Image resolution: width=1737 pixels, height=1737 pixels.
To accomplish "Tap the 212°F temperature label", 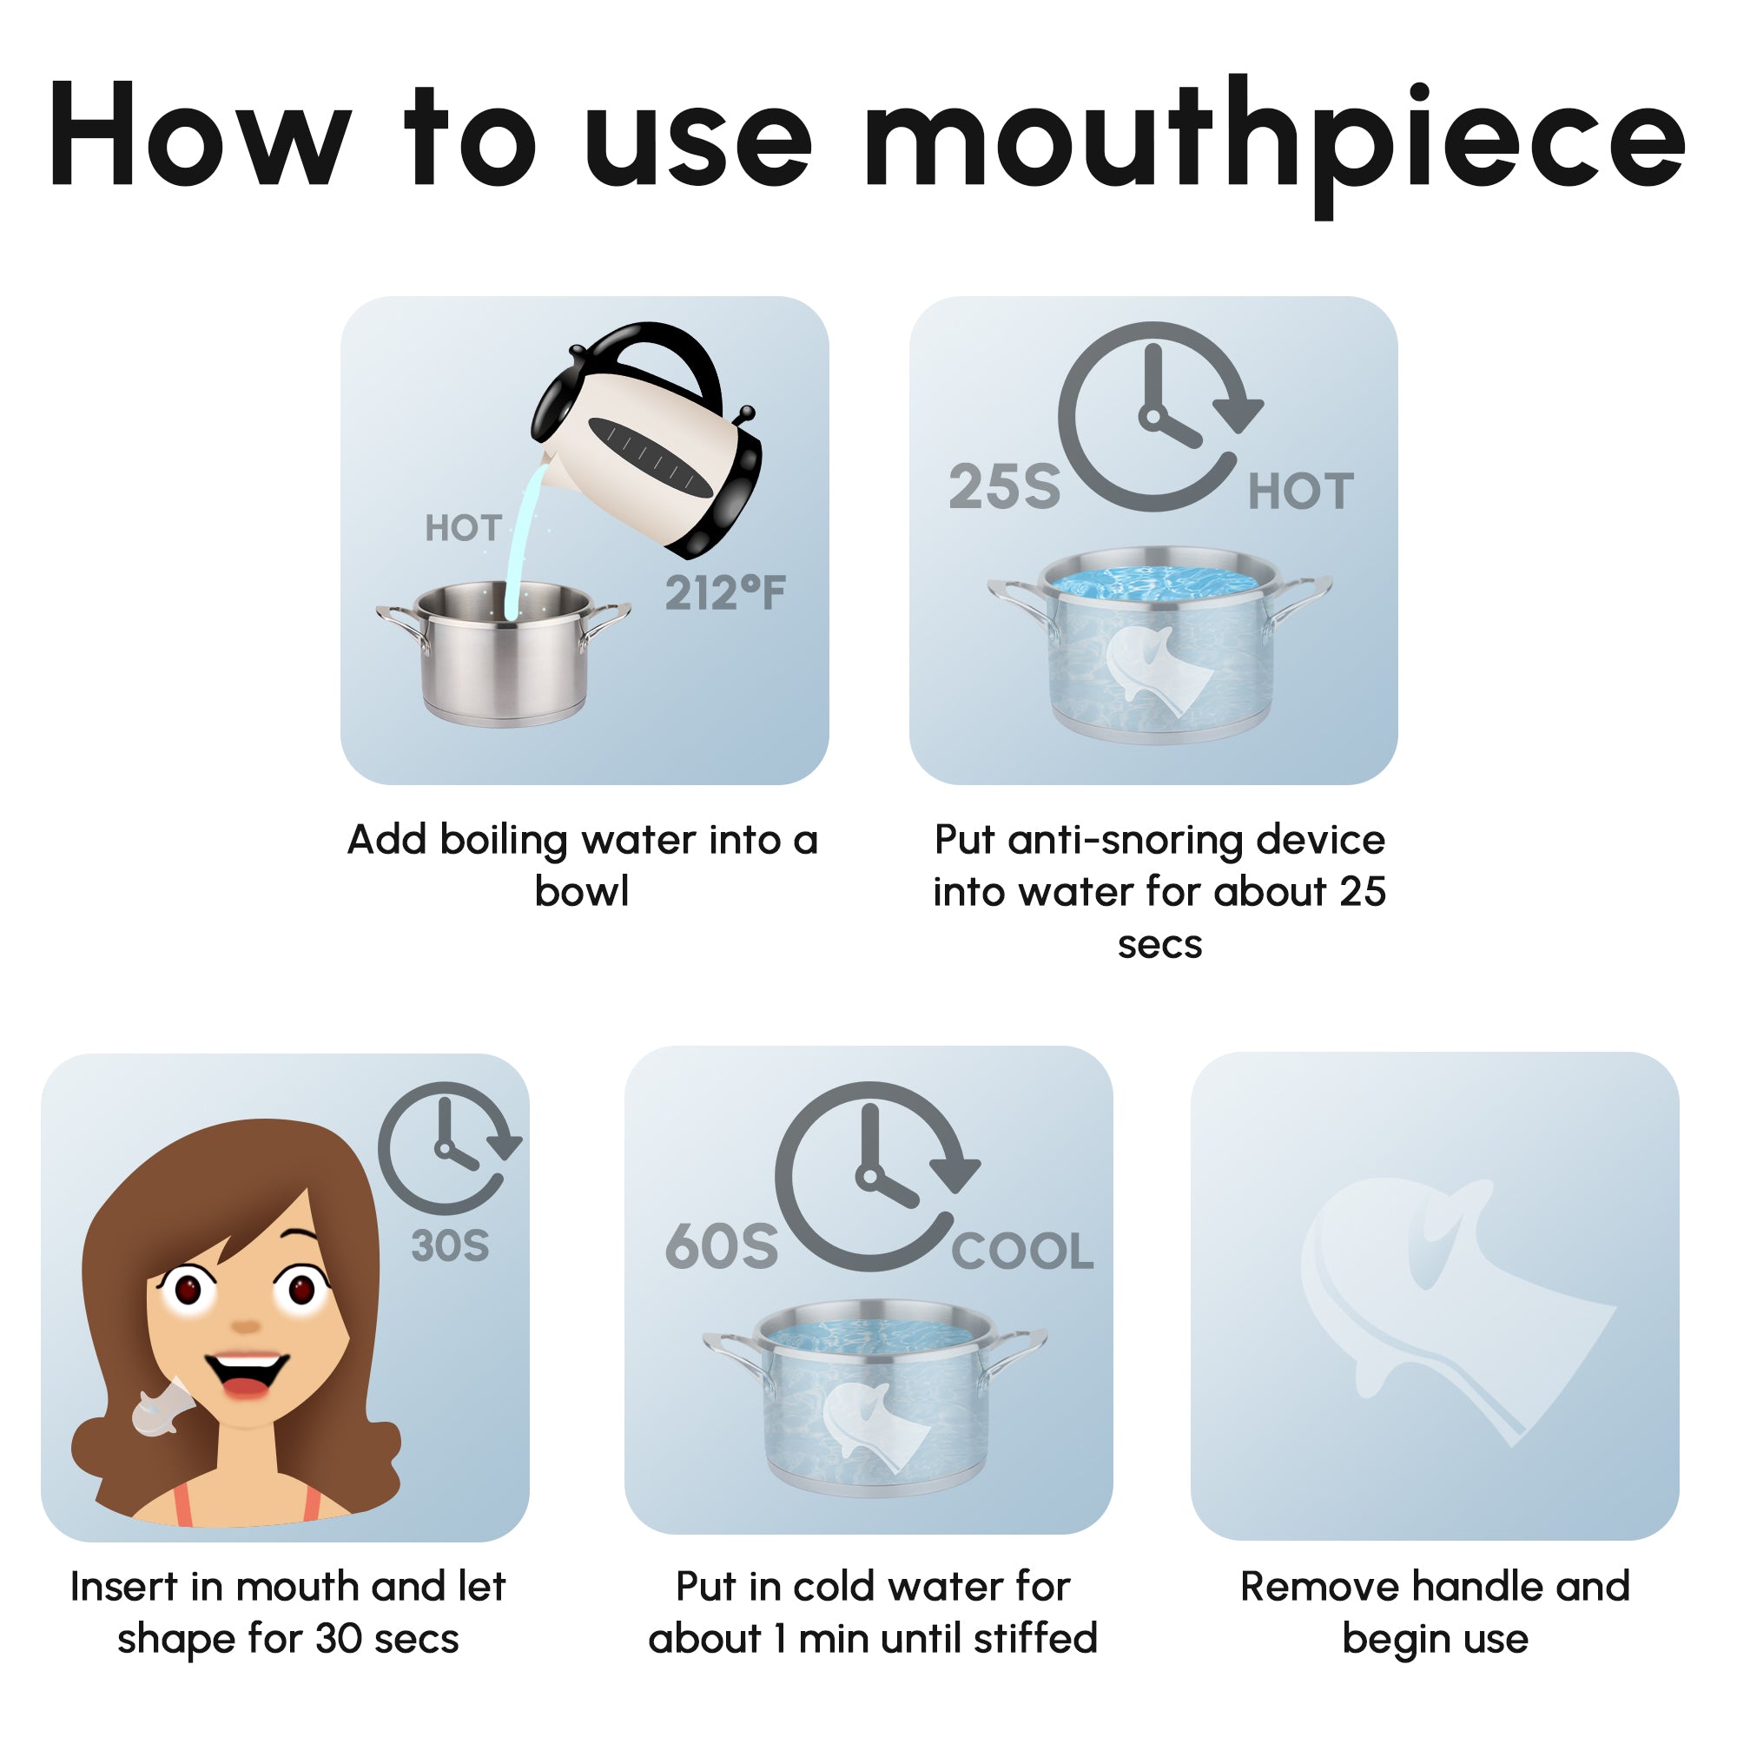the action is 724,593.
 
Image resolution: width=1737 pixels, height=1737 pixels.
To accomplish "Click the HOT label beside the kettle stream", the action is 463,529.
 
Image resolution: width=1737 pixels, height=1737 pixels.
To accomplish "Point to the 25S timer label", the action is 1004,487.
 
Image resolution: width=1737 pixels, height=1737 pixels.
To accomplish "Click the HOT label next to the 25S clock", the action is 1300,492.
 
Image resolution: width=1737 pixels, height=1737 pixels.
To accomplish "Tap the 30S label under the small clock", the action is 450,1246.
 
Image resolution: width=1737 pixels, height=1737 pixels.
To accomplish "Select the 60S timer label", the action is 721,1247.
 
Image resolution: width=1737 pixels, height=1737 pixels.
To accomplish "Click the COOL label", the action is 1022,1252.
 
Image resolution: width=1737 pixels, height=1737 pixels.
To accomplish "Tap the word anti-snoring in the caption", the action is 1131,841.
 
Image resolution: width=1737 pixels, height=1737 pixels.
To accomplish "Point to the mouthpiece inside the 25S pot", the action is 1159,670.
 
